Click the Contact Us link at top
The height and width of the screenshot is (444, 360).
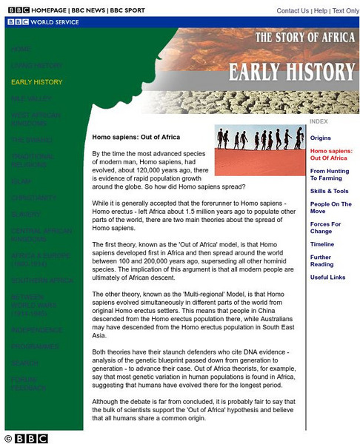tap(293, 11)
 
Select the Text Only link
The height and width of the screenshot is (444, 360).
tap(345, 11)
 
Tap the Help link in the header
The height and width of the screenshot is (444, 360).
tap(320, 11)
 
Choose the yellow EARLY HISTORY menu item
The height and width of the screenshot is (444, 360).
tap(36, 82)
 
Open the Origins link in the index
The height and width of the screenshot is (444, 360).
tap(320, 138)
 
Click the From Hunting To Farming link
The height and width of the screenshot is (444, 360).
tap(329, 175)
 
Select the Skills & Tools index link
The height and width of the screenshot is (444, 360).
tap(329, 191)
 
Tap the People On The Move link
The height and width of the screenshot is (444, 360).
tap(330, 208)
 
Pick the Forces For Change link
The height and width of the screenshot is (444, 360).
tap(325, 228)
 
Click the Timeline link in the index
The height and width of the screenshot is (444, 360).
tap(321, 244)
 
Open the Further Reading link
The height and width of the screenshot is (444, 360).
tap(321, 261)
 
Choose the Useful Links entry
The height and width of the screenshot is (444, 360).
tap(327, 277)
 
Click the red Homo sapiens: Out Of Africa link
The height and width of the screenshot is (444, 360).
tap(330, 155)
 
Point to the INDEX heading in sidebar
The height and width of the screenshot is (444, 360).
tap(319, 121)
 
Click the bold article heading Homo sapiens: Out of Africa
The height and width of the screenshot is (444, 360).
tap(136, 137)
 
